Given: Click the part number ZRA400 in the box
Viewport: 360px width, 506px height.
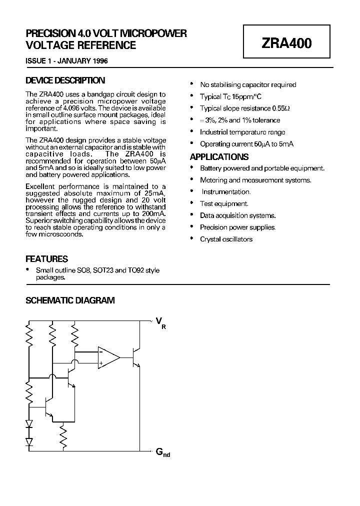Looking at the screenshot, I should point(286,43).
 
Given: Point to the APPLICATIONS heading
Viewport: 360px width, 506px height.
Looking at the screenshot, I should point(219,156).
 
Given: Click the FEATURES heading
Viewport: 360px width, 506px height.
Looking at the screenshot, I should point(46,259).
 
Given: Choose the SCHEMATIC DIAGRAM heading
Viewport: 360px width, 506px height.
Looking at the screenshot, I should point(70,300).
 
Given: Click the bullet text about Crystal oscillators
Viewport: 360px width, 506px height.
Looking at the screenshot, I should point(226,239).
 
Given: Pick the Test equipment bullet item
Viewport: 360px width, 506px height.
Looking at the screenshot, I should point(224,203).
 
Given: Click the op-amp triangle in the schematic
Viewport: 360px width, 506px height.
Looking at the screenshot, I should point(108,357).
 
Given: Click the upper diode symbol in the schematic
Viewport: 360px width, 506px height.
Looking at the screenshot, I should point(29,424).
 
